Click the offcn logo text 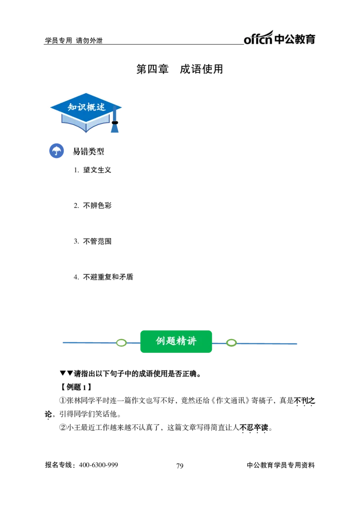pos(258,38)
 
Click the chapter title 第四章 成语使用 pos(180,69)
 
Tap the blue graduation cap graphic pos(86,113)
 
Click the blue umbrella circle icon pos(56,151)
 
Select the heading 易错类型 pos(88,151)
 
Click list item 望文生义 pos(97,170)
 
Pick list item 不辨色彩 pos(97,206)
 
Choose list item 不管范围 pos(97,241)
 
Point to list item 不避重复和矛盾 pos(108,277)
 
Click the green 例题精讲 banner pos(176,341)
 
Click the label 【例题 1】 pos(76,387)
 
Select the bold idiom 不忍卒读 pos(254,428)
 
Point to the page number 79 pos(180,465)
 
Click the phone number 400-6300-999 pos(99,465)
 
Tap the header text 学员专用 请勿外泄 pos(73,41)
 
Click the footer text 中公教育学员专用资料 pos(281,465)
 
